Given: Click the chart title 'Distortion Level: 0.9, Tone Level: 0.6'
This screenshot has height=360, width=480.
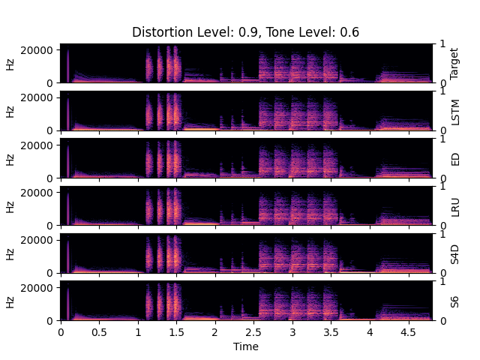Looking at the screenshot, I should [246, 32].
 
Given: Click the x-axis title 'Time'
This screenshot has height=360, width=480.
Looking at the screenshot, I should [246, 346].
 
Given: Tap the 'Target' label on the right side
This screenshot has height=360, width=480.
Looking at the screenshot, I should [454, 63].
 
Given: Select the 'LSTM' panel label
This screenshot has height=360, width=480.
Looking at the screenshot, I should [454, 110].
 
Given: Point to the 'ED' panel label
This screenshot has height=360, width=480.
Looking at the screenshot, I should [454, 158].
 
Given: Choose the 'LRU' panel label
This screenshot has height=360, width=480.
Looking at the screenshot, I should [454, 205].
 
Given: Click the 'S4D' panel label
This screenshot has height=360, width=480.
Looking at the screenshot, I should [454, 253].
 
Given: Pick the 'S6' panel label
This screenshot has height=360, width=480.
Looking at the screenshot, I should [454, 301].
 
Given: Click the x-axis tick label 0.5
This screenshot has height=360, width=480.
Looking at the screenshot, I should [99, 331].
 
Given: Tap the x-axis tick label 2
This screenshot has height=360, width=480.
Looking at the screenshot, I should [215, 331].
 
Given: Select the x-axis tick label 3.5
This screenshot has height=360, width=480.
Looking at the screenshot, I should [331, 331].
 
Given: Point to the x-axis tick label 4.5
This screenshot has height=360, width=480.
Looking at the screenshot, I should [408, 331].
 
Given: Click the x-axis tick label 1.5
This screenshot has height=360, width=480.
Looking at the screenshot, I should [176, 331].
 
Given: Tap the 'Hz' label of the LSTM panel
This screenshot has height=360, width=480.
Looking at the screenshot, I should [10, 111].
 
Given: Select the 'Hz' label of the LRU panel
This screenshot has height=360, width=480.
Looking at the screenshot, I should [10, 206].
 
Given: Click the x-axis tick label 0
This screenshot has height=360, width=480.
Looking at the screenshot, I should [61, 331].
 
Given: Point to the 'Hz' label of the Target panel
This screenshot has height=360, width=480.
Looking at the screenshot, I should [10, 64].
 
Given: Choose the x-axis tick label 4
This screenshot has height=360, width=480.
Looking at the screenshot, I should [370, 331].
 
